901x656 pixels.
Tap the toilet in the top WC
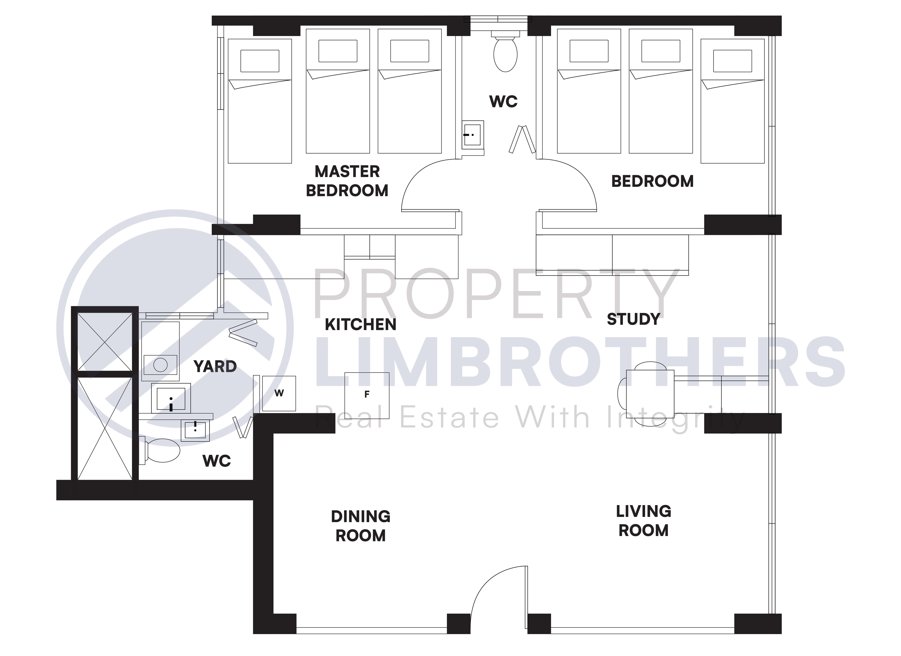point(505,52)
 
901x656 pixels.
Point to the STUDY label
point(633,319)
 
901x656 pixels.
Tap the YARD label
point(215,367)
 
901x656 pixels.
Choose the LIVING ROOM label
point(644,521)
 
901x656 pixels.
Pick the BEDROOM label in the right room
point(652,182)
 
